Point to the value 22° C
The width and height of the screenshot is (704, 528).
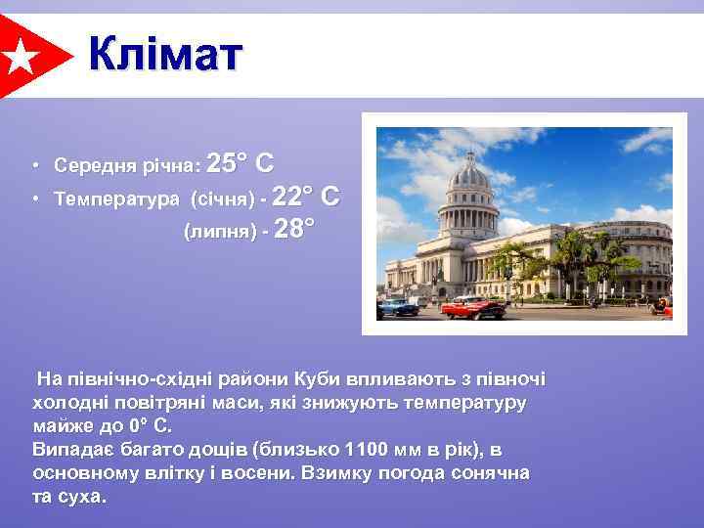point(306,197)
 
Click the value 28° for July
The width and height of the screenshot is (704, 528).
point(295,230)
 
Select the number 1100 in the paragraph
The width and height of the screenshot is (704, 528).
point(367,450)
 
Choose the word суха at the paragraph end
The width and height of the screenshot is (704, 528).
point(82,497)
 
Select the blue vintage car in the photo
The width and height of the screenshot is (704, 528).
point(399,306)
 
